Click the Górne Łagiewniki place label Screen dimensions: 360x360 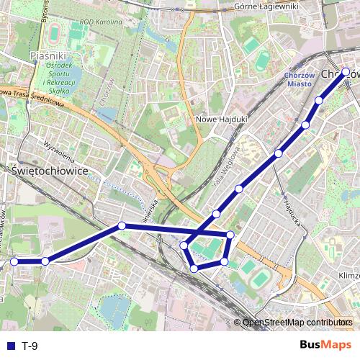point(266,6)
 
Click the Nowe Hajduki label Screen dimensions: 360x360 point(222,119)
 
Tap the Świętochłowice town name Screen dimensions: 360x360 point(50,172)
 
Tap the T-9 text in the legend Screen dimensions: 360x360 point(30,346)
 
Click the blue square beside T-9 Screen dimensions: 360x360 point(10,346)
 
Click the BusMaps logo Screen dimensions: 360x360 point(326,345)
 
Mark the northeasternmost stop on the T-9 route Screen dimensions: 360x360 point(346,71)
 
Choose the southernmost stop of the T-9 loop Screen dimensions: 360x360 point(194,269)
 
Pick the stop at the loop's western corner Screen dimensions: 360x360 point(184,246)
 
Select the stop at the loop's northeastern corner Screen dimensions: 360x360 point(230,235)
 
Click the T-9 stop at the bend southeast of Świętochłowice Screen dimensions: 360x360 point(122,226)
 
